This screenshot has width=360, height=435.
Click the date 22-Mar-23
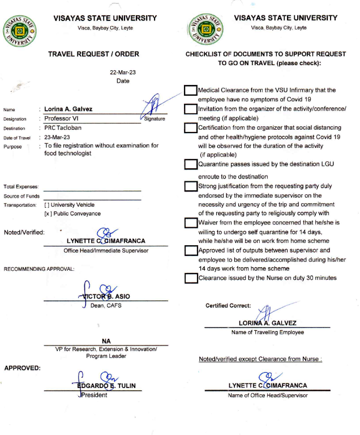[123, 72]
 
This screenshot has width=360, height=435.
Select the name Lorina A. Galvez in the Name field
[68, 109]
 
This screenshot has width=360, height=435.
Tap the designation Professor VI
[66, 119]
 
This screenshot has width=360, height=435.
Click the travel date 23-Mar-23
[57, 137]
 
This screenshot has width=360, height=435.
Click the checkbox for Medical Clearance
[191, 90]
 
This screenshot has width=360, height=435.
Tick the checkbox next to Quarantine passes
[191, 164]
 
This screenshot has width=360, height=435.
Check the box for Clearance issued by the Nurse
[191, 278]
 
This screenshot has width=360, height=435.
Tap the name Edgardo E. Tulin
[106, 386]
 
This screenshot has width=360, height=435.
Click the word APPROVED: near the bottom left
[22, 368]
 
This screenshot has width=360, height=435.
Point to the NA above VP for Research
[106, 341]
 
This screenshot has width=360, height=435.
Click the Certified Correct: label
[228, 306]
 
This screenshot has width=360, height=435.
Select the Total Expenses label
[21, 186]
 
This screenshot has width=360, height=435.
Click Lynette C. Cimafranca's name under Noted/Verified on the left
[105, 241]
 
